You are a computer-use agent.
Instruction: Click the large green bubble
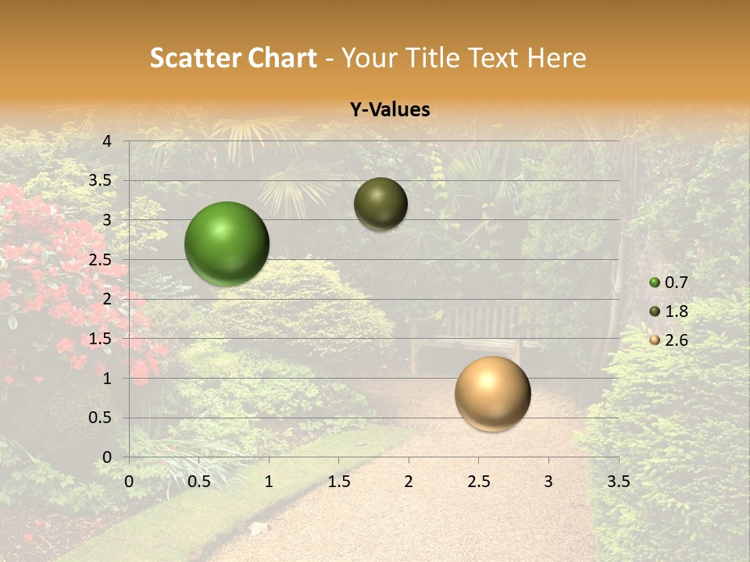[227, 244]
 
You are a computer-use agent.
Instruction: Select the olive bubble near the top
[380, 204]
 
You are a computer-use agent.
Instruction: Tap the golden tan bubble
[492, 393]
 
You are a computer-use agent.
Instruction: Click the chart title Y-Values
[389, 110]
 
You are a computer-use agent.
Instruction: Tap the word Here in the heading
[556, 58]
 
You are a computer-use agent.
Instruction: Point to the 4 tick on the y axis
[107, 141]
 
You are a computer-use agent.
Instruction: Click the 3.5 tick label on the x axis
[618, 482]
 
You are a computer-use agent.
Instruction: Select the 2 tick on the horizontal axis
[409, 482]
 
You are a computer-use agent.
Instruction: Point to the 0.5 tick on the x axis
[199, 482]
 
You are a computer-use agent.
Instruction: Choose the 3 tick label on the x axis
[548, 482]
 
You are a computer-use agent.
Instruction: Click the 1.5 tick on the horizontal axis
[339, 482]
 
